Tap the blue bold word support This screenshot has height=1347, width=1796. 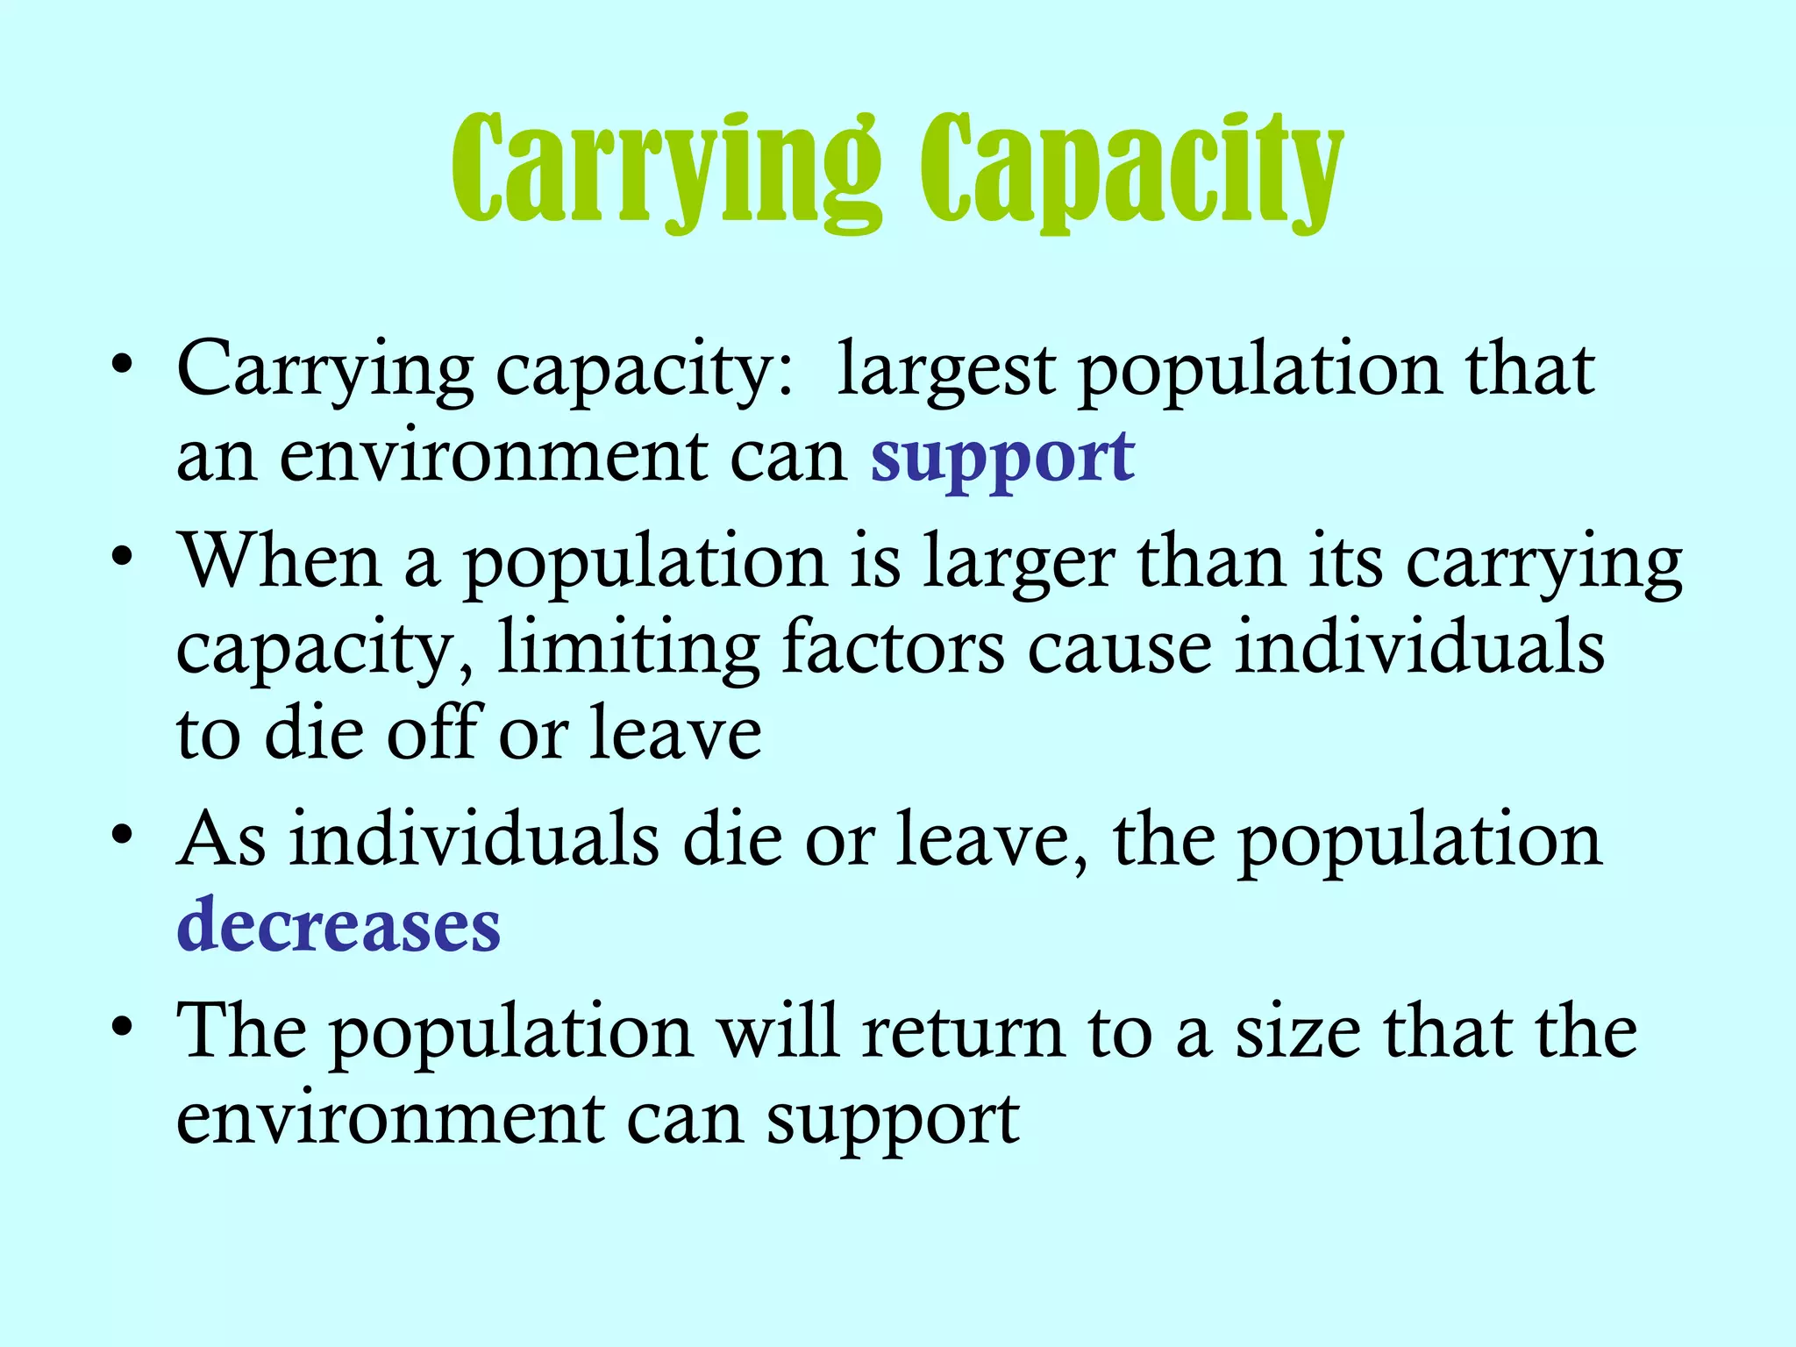pos(1002,458)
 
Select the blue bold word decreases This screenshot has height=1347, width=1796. pos(339,926)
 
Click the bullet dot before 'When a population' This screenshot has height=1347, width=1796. pos(123,556)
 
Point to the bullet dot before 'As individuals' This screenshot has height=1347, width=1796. pos(123,835)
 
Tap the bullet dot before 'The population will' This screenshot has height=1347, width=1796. pos(123,1025)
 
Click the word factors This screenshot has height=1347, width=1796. pos(893,647)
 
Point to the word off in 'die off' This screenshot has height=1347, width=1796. pos(432,732)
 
